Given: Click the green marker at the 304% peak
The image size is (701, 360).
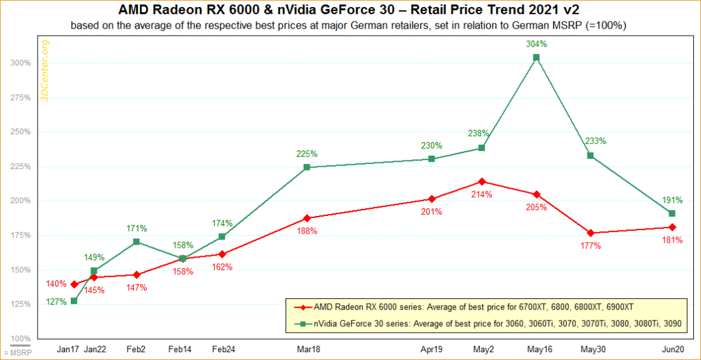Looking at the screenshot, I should tap(536, 57).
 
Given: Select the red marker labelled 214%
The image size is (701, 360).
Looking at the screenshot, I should tap(482, 182).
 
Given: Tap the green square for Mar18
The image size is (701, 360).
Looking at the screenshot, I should tap(306, 167).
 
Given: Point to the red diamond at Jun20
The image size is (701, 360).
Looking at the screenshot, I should tap(672, 227).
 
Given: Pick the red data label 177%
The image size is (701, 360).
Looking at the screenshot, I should tap(591, 246).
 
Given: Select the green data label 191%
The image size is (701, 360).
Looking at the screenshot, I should tap(672, 200).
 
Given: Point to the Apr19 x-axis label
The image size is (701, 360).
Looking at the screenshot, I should tap(432, 349).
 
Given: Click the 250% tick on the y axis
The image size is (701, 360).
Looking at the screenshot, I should tap(21, 132).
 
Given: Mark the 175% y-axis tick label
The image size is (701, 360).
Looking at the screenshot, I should tap(21, 235).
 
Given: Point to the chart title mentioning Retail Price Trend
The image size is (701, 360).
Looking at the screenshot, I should tap(350, 10).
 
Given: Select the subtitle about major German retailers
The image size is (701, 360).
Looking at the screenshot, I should tap(350, 25).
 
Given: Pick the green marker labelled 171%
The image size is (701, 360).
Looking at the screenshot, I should tap(136, 242).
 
